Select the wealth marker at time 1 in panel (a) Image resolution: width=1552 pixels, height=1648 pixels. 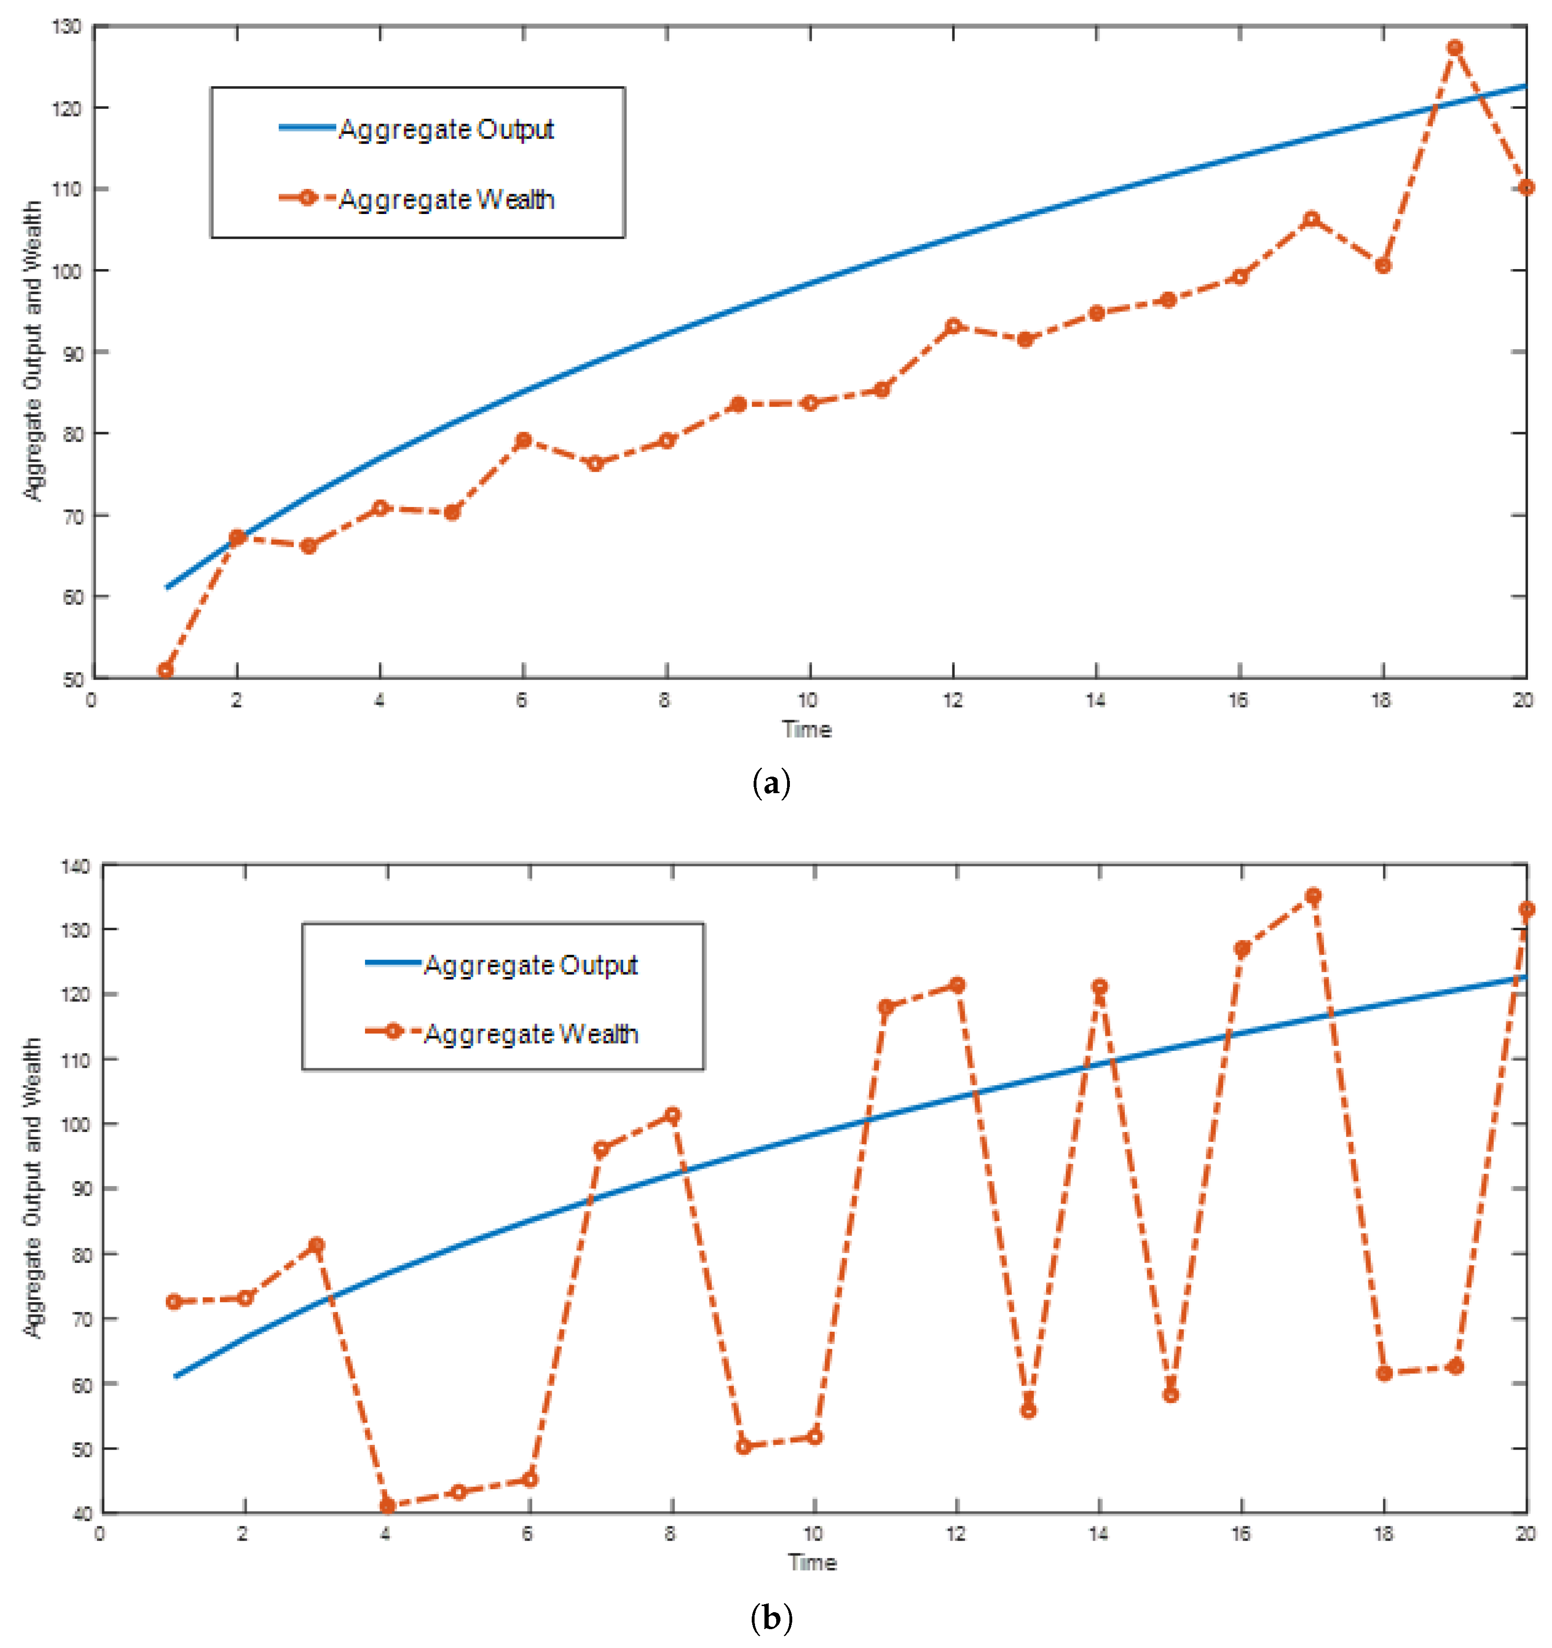(166, 670)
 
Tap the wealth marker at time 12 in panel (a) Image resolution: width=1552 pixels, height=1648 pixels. (953, 326)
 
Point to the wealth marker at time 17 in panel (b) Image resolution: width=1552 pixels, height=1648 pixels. (1313, 896)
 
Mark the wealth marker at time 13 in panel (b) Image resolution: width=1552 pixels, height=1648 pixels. (1028, 1410)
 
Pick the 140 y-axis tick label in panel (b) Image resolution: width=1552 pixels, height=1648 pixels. (74, 866)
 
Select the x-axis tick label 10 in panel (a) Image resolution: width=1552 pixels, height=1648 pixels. (808, 700)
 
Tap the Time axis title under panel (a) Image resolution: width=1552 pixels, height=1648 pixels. (806, 730)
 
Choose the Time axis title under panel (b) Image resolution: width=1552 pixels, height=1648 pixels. (812, 1563)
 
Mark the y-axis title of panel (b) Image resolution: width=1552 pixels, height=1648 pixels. (32, 1187)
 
